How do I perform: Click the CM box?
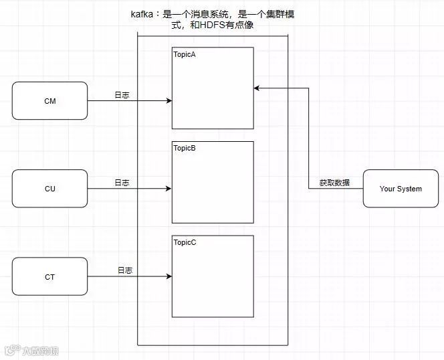49,101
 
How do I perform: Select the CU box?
49,189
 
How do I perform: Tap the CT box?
49,276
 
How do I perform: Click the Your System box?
401,189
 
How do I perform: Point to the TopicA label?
185,54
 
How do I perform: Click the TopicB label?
185,148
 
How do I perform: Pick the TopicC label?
185,242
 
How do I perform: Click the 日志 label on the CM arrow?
122,95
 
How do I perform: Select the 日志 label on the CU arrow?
122,182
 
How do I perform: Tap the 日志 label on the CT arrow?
125,270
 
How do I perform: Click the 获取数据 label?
334,183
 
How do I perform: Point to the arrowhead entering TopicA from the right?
257,88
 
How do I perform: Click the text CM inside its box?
49,101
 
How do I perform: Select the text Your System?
401,189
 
